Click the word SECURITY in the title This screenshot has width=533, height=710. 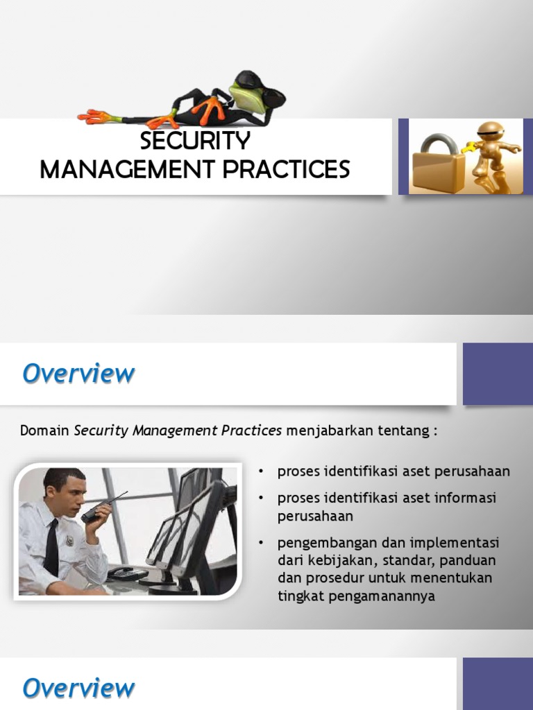(195, 141)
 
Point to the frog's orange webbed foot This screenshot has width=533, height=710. (96, 116)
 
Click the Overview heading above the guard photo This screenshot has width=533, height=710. (78, 374)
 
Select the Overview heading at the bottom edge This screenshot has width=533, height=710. (78, 689)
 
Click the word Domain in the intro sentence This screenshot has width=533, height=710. (45, 431)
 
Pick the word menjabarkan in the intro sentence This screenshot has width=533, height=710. (320, 431)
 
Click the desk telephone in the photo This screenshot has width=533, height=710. (127, 573)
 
